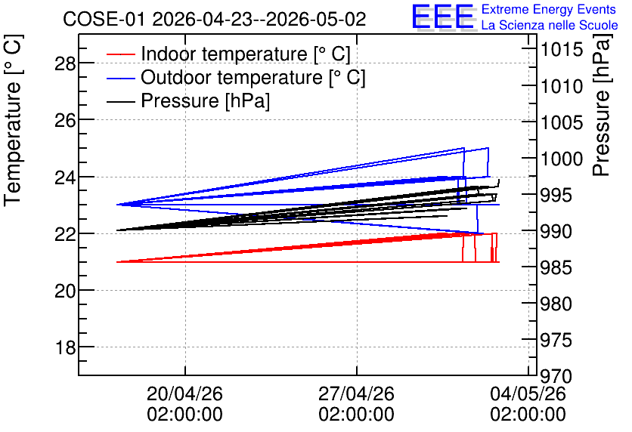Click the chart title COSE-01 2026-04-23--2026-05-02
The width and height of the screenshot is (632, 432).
coord(215,20)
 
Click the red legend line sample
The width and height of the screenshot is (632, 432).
coord(120,54)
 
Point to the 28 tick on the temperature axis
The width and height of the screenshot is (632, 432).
coord(65,63)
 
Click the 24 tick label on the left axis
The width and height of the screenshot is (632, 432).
coord(65,177)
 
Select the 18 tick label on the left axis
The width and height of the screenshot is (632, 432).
coord(65,347)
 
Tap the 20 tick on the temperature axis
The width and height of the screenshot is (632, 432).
coord(65,290)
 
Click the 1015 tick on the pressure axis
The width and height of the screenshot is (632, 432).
coord(562,50)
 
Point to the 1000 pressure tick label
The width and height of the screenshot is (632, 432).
coord(562,159)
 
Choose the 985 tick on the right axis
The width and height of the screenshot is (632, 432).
coord(556,267)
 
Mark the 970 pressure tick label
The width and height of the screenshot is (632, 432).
coord(556,377)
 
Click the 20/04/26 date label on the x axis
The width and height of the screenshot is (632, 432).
coord(184,393)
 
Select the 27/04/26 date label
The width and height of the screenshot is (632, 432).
coord(356,393)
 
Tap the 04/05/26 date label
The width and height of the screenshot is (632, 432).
coord(528,393)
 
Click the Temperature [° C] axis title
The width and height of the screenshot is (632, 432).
coord(13,120)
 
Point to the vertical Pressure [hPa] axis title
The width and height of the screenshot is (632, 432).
coord(602,105)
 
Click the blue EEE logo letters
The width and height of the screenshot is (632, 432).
coord(442,16)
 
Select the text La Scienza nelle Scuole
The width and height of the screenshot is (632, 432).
coord(550,26)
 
